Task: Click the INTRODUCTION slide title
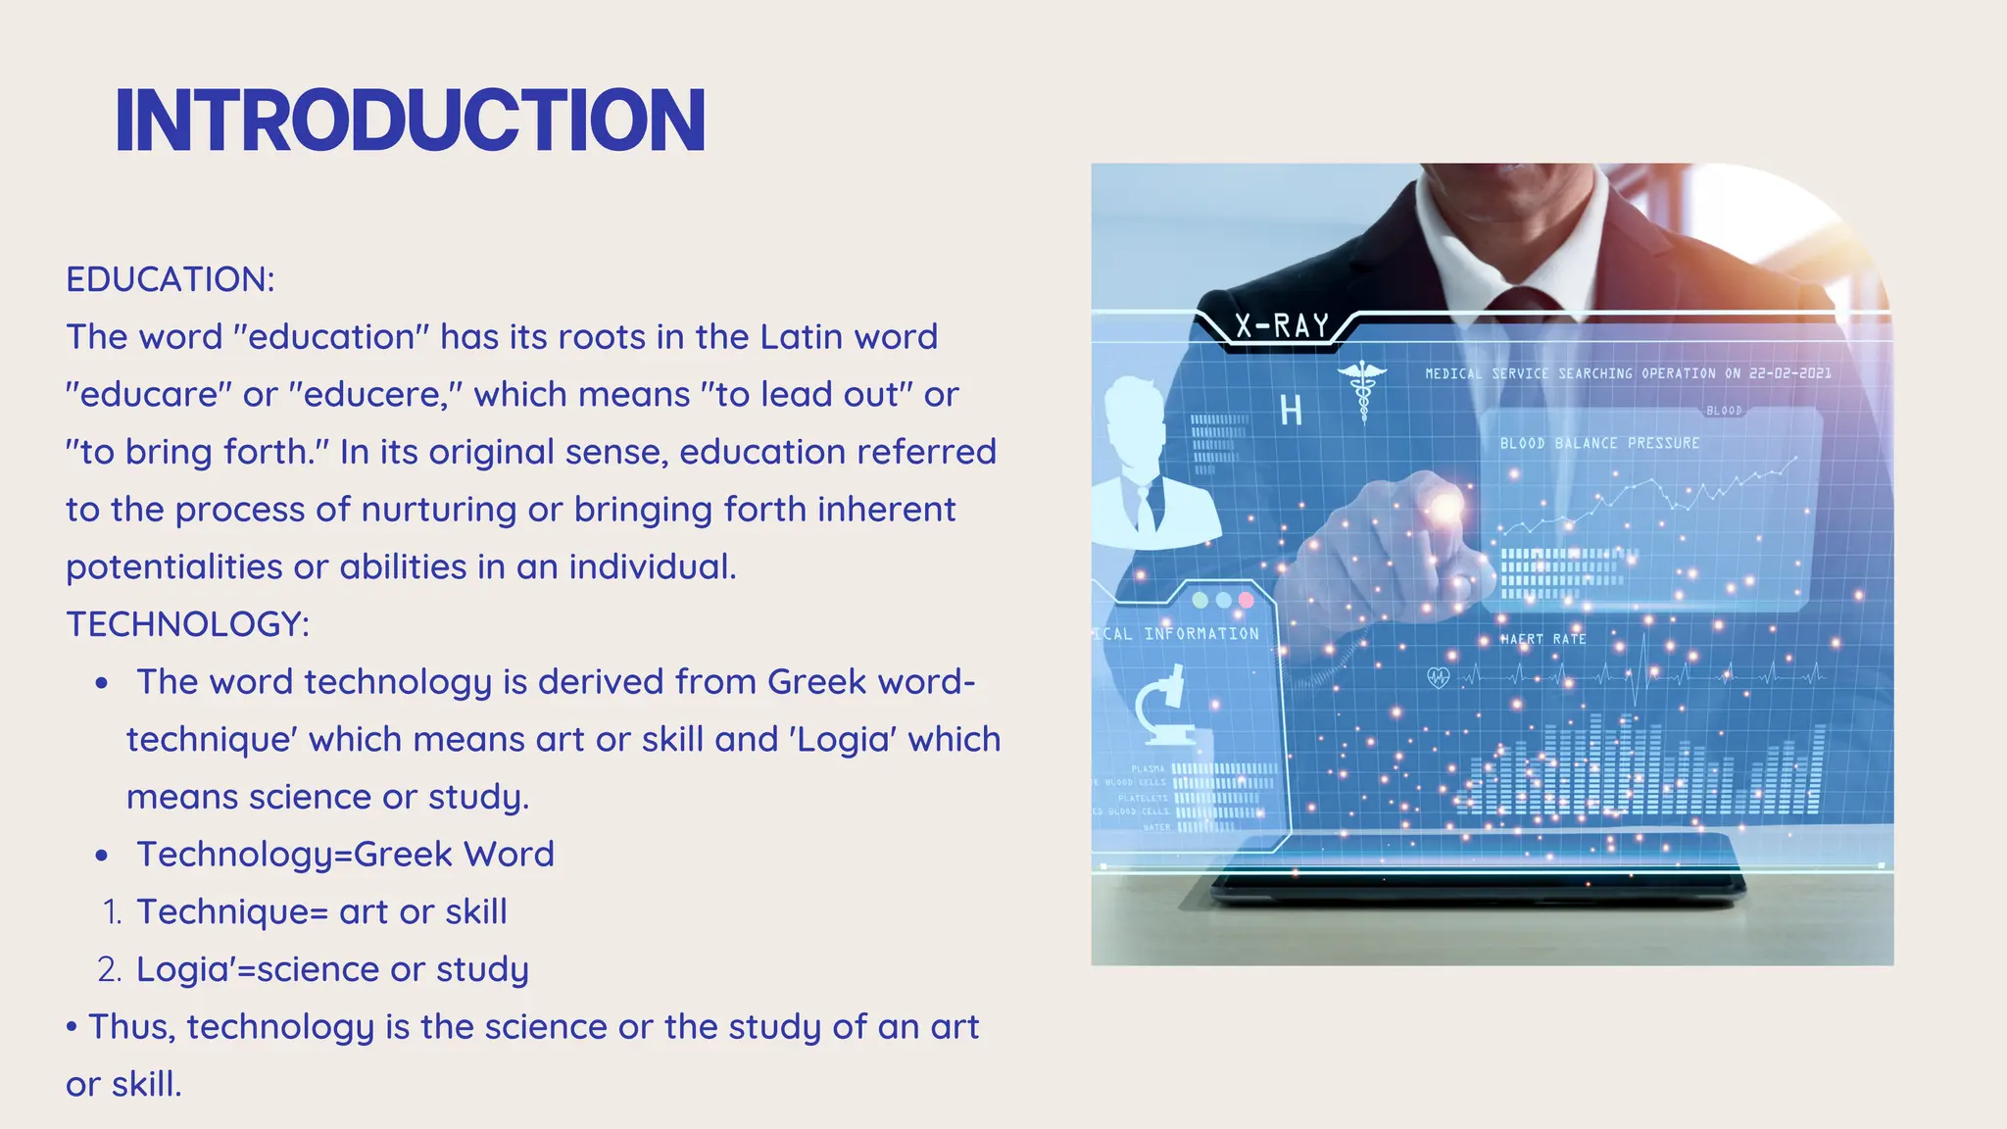pyautogui.click(x=410, y=121)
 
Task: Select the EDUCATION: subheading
pyautogui.click(x=171, y=279)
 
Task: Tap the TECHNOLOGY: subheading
pyautogui.click(x=188, y=624)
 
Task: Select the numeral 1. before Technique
pyautogui.click(x=112, y=912)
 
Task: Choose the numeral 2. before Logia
pyautogui.click(x=110, y=970)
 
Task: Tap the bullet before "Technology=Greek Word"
pyautogui.click(x=102, y=856)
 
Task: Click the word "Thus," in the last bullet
pyautogui.click(x=132, y=1027)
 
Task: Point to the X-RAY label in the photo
pyautogui.click(x=1282, y=325)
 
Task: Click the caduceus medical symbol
pyautogui.click(x=1362, y=387)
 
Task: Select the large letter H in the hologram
pyautogui.click(x=1291, y=412)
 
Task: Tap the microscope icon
pyautogui.click(x=1165, y=706)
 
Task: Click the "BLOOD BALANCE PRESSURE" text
pyautogui.click(x=1599, y=443)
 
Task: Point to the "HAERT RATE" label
pyautogui.click(x=1543, y=639)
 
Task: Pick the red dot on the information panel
pyautogui.click(x=1247, y=600)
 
